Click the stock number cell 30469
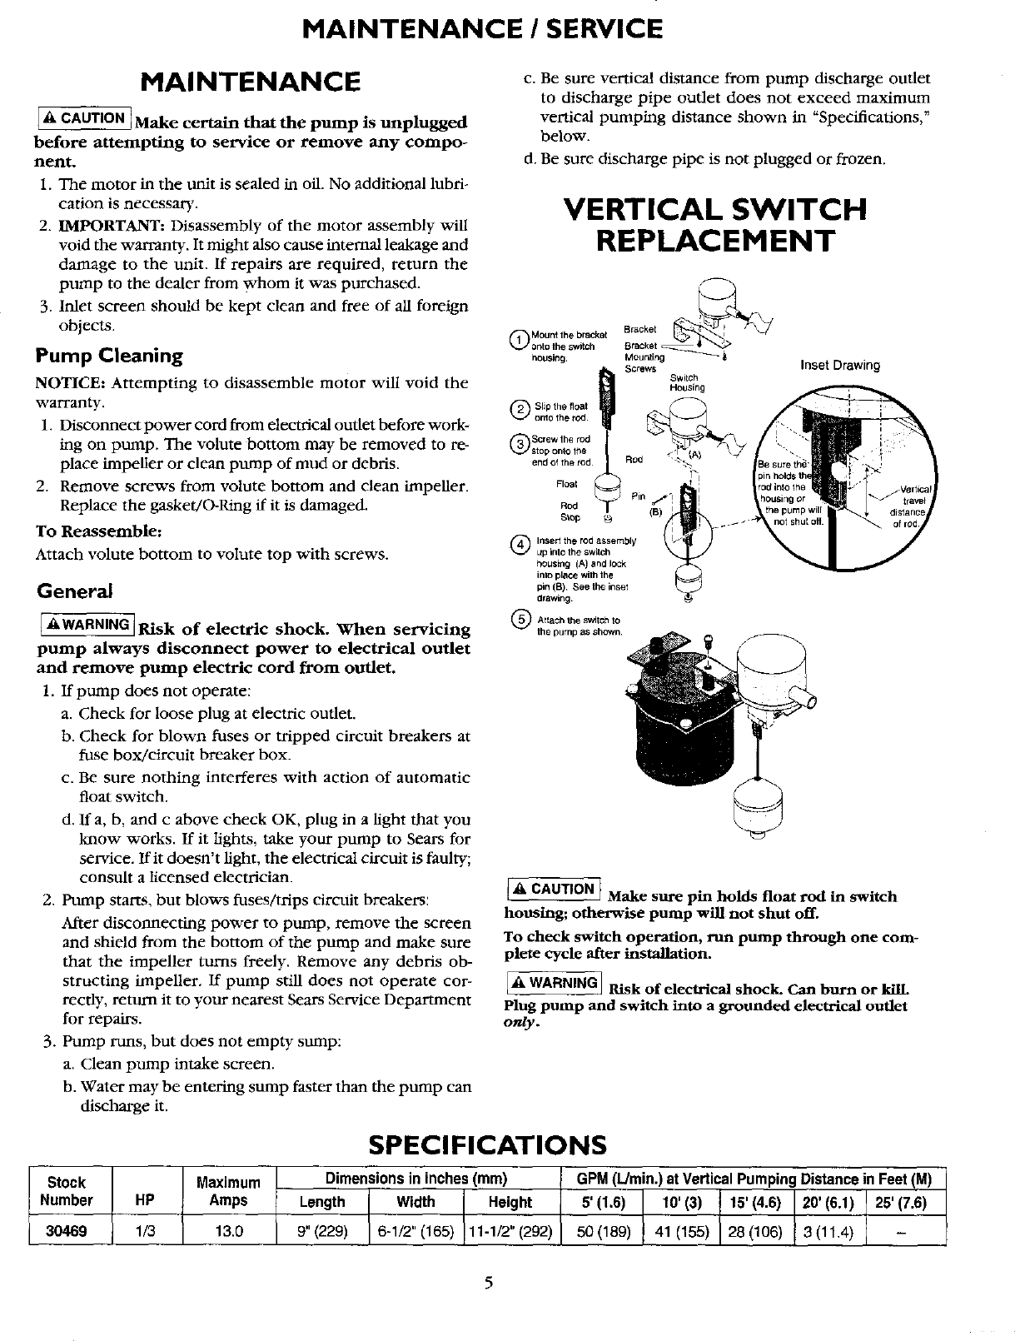pyautogui.click(x=66, y=1230)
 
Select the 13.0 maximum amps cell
pyautogui.click(x=227, y=1230)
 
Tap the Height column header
pyautogui.click(x=509, y=1202)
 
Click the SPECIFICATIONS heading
pyautogui.click(x=487, y=1144)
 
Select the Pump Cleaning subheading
pyautogui.click(x=108, y=356)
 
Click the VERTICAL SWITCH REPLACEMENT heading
pyautogui.click(x=715, y=224)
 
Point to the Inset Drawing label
pyautogui.click(x=839, y=365)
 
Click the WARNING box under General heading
pyautogui.click(x=86, y=625)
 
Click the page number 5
pyautogui.click(x=490, y=1283)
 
